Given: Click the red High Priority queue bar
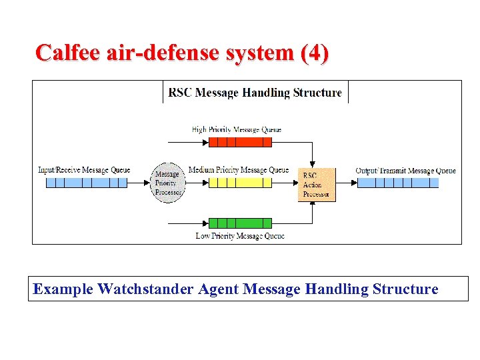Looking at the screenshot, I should (x=240, y=141).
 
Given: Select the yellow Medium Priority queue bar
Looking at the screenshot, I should (x=240, y=182).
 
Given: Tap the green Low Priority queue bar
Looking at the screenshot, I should (x=240, y=223).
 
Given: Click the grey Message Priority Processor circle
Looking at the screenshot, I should (x=167, y=183).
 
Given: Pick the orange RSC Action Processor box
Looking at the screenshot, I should (x=317, y=185).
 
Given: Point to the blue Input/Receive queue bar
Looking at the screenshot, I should (x=86, y=182).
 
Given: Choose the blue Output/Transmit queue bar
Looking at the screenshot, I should (x=398, y=182).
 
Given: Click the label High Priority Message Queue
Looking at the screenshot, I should (x=236, y=129).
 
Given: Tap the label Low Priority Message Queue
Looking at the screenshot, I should (x=240, y=235).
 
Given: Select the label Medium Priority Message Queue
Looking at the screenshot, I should (x=239, y=170).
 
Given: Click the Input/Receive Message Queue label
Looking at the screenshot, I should (x=84, y=170).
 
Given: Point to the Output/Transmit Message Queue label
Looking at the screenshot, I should (x=405, y=171).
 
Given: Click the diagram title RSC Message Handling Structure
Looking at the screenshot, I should (x=255, y=93).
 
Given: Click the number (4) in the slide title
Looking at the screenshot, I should (x=314, y=53).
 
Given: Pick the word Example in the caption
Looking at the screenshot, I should (x=63, y=289).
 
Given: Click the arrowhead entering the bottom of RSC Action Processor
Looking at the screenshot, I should (x=313, y=204).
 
